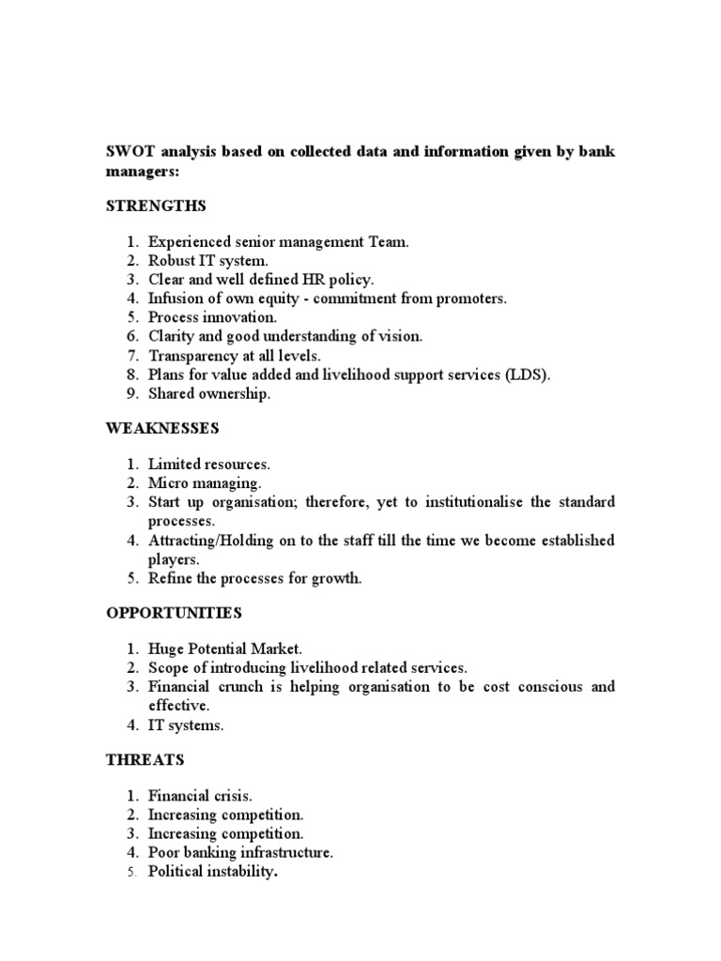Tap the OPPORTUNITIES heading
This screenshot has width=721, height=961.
pyautogui.click(x=174, y=613)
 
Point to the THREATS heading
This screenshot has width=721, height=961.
pyautogui.click(x=145, y=759)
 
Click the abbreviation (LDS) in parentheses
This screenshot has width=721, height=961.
pyautogui.click(x=529, y=374)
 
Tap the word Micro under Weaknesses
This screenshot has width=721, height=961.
pyautogui.click(x=168, y=483)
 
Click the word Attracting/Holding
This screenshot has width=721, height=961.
pyautogui.click(x=216, y=541)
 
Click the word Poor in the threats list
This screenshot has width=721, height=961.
pyautogui.click(x=164, y=852)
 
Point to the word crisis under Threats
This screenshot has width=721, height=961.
pyautogui.click(x=232, y=796)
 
